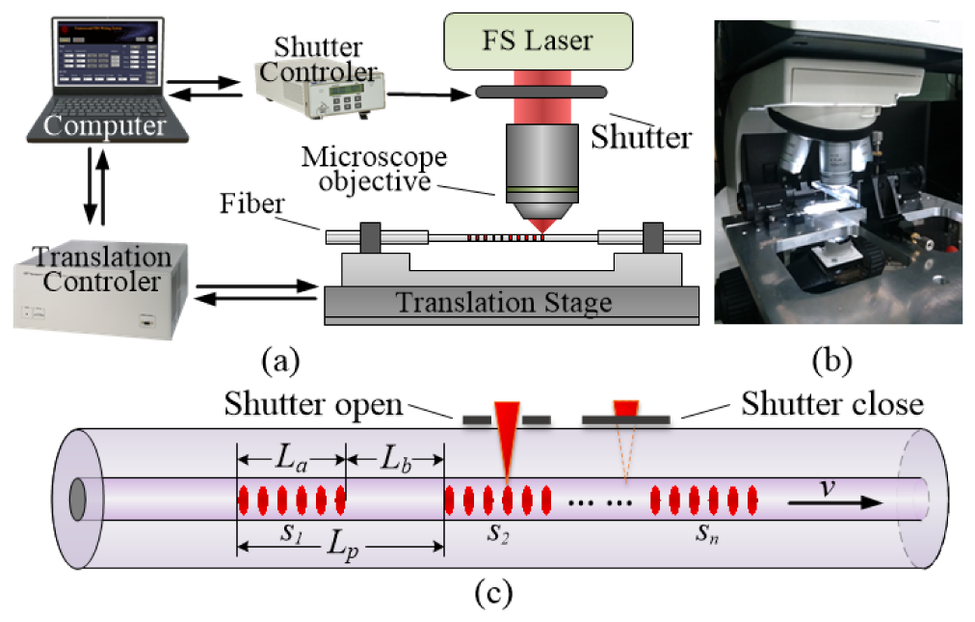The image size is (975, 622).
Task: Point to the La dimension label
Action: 291,457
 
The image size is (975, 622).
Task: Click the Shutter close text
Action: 832,404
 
